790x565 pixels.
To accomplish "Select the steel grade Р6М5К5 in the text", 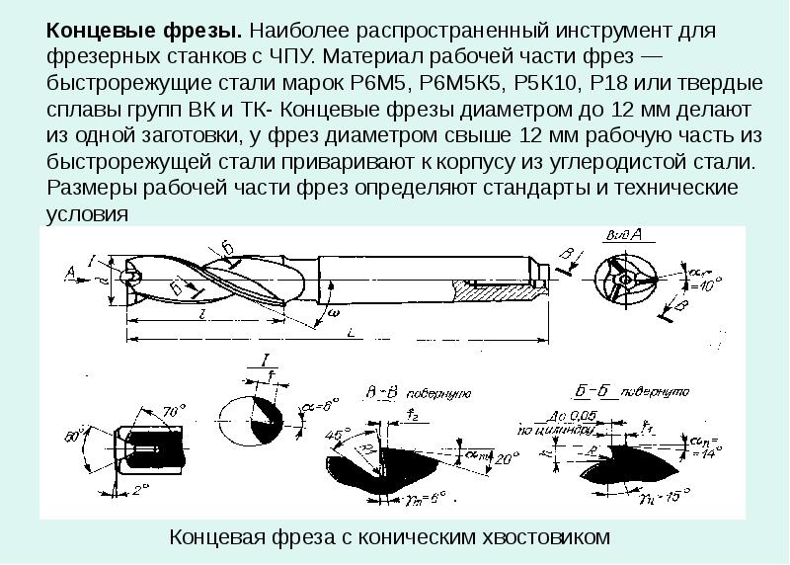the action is click(x=459, y=82).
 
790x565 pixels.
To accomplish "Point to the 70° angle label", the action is click(x=174, y=409).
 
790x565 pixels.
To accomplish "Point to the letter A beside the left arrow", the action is click(x=68, y=269).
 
